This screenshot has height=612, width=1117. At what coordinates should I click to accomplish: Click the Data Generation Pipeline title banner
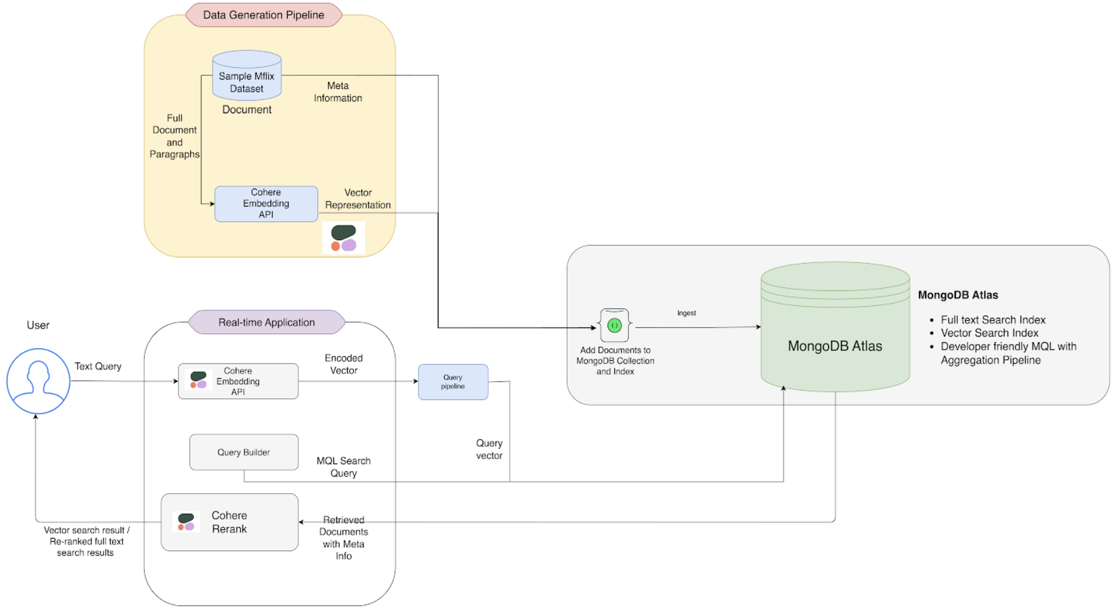(264, 15)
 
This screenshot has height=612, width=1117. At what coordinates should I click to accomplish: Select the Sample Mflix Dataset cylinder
(247, 75)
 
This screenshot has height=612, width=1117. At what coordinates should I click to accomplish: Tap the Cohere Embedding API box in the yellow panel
(266, 203)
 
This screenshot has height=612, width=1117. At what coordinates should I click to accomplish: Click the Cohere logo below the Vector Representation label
(343, 238)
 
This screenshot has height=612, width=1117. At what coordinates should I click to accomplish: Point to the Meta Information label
(338, 92)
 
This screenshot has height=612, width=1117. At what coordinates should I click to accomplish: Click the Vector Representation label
(358, 199)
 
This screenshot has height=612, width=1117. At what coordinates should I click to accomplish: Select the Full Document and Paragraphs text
(174, 136)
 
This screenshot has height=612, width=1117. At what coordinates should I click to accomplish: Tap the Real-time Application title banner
(266, 322)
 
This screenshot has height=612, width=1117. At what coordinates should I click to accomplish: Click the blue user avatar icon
(38, 381)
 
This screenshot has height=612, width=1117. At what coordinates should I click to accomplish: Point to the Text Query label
(98, 366)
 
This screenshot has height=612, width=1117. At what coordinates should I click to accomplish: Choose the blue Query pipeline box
(453, 382)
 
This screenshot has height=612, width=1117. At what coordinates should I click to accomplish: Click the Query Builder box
(244, 452)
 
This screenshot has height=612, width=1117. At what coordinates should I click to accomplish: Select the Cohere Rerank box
(229, 522)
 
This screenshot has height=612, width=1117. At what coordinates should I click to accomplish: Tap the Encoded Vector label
(343, 364)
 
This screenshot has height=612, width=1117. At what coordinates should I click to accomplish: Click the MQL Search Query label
(343, 467)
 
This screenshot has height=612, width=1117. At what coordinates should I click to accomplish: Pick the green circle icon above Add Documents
(614, 325)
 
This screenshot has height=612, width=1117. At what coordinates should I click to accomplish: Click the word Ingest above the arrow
(687, 313)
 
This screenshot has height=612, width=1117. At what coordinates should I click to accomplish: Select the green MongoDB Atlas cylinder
(835, 327)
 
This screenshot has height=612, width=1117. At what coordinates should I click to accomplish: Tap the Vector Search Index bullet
(989, 333)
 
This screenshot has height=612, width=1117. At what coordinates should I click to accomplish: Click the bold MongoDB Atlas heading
(958, 295)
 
